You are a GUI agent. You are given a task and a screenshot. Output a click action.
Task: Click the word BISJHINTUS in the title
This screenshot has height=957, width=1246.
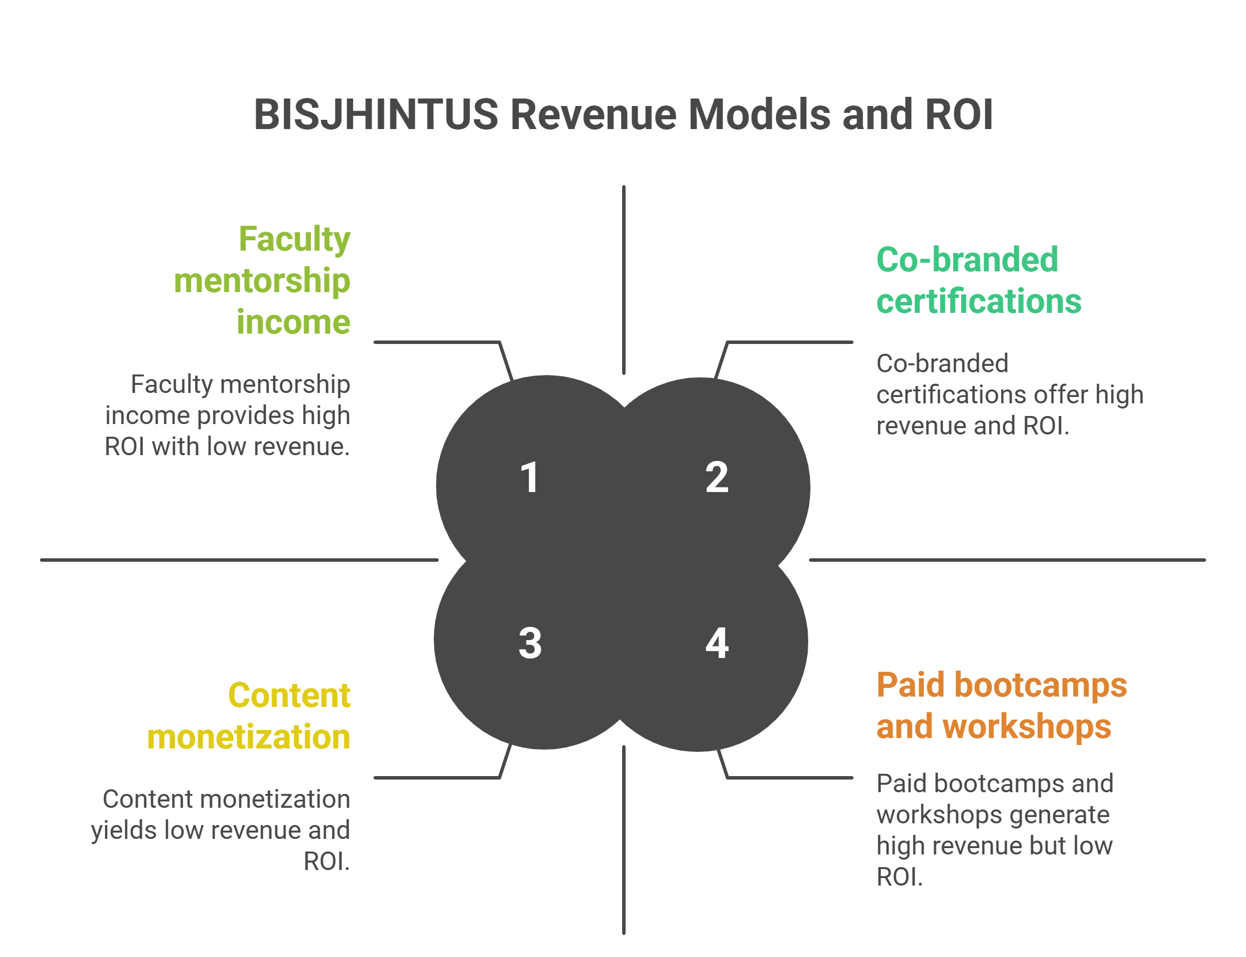376,114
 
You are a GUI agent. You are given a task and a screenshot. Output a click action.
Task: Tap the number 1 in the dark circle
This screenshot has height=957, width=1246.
529,478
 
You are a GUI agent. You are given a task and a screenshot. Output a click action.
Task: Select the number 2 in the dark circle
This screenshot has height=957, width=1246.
717,478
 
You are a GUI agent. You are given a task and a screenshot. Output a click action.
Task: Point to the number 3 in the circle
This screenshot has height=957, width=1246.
530,643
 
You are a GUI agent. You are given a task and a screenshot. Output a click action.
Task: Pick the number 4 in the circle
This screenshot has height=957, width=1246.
717,643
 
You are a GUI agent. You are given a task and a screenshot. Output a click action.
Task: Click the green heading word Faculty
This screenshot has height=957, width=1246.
294,239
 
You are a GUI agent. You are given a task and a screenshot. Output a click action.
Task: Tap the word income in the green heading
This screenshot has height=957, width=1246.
293,321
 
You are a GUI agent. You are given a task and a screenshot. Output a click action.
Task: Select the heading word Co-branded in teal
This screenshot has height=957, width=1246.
967,260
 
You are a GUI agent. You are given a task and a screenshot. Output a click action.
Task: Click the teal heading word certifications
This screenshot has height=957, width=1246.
979,301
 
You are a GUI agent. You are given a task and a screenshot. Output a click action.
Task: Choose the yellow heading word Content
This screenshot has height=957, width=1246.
289,695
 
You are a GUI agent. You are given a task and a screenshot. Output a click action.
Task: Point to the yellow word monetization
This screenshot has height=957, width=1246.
249,737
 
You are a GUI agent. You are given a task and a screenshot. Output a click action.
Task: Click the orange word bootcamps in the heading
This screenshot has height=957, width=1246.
1040,686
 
